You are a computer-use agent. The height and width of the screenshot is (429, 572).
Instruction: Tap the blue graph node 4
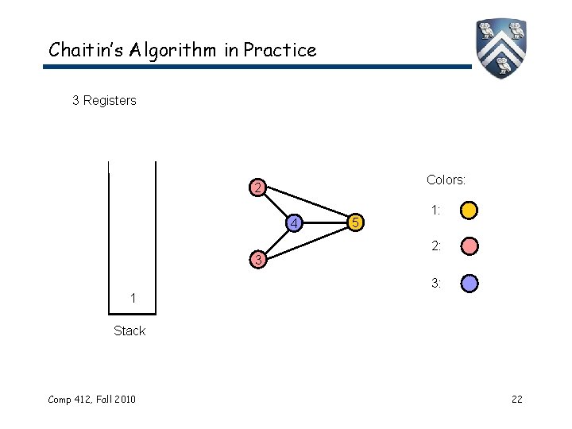coord(293,223)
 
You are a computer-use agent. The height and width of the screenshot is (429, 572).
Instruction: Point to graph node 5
coord(357,223)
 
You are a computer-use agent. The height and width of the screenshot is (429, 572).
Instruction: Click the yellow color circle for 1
coord(470,211)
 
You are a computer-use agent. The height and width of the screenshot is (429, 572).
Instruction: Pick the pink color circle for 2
coord(470,246)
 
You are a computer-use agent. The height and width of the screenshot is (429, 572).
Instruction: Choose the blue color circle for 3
coord(470,283)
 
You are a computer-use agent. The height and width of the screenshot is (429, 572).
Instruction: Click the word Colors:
coord(446,180)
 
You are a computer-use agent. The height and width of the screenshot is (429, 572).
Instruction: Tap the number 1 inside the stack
coord(133,298)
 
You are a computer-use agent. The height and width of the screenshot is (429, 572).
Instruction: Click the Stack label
coord(129,330)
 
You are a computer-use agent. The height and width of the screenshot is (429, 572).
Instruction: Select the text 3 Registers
coord(104,101)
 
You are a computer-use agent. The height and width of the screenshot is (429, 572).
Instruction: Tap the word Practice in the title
coord(280,50)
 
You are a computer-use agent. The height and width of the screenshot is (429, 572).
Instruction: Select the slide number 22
coord(516,399)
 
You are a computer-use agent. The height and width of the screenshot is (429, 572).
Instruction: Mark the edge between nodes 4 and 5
coord(326,223)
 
